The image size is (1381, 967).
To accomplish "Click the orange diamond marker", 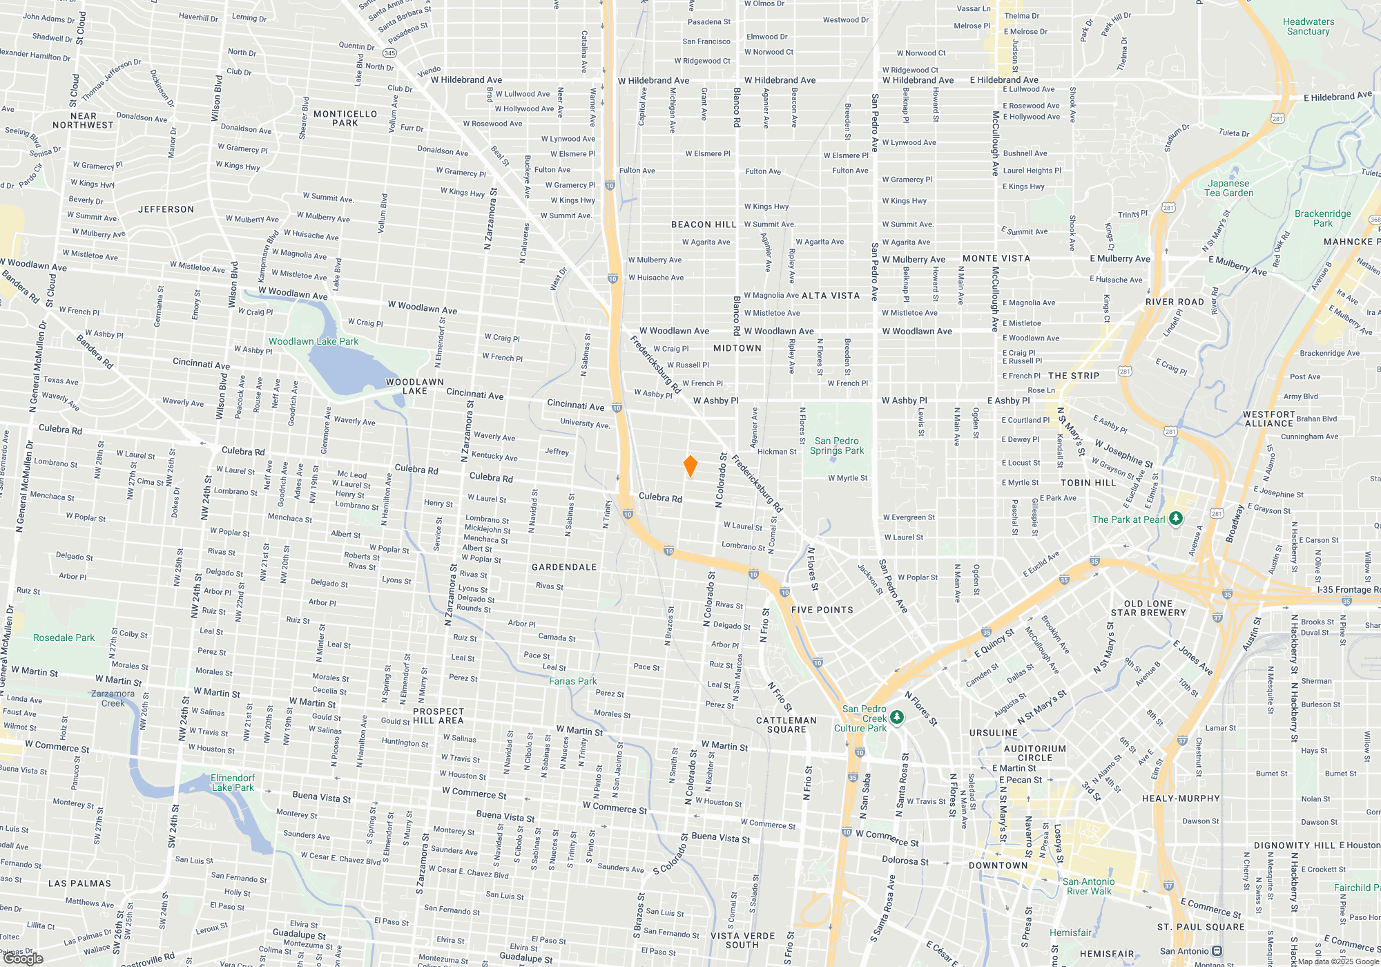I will pos(690,466).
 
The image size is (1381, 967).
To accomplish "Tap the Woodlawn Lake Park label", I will pos(313,341).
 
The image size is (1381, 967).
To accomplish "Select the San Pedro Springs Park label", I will pos(836,446).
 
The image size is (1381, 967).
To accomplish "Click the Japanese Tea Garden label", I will pos(1228,188).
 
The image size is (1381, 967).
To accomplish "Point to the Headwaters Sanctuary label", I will pos(1308,26).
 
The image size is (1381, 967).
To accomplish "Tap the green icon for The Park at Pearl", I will pos(1176,518).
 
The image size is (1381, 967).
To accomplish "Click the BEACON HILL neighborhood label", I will pos(704,224).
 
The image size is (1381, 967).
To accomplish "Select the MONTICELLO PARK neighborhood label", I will pos(345,118).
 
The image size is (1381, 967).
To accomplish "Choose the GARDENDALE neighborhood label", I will pos(564,567).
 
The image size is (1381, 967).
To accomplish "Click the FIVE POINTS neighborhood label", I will pos(822,610).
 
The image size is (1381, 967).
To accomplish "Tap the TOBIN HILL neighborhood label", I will pos(1088,483).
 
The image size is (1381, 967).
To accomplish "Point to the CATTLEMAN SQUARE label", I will pos(786,725).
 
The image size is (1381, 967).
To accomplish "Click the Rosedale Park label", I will pos(64,638).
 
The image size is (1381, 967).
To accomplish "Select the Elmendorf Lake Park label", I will pos(233,783).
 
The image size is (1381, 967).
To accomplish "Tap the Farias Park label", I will pos(572,681).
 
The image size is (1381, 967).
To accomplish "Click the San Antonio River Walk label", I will pos(1088,886).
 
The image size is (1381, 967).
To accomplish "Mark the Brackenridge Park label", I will pos(1322,218).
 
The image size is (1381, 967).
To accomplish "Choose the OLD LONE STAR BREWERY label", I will pos(1148,608).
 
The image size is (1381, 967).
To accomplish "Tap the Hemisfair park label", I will pos(1070,932).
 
